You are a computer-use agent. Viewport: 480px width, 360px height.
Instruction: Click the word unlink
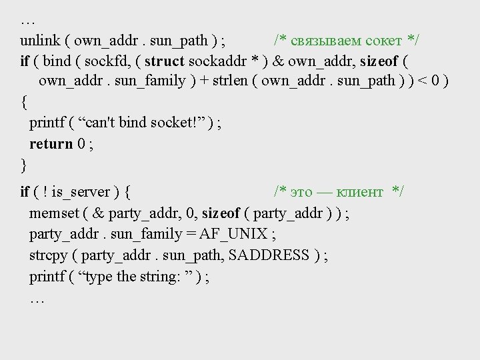click(x=39, y=40)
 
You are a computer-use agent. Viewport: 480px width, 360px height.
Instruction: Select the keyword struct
click(x=165, y=61)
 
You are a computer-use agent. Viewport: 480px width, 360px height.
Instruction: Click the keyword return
click(x=51, y=143)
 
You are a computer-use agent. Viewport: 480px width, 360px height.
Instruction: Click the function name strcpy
click(x=48, y=255)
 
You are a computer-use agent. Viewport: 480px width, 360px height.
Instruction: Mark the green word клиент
click(x=360, y=192)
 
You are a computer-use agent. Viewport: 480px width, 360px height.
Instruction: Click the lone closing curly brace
click(x=23, y=164)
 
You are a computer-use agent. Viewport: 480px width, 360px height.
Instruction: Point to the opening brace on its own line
click(x=24, y=102)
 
